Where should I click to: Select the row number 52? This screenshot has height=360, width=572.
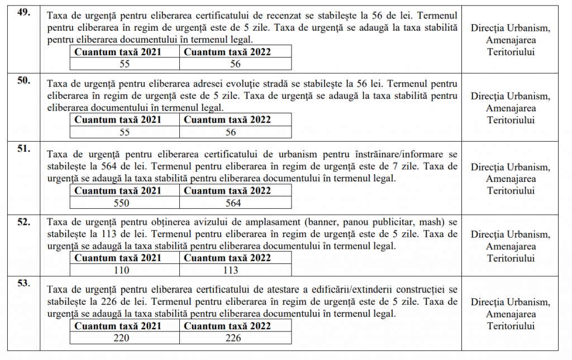[23, 222]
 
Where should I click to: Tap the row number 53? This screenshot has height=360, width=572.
[23, 284]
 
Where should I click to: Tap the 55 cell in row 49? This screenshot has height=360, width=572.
[125, 65]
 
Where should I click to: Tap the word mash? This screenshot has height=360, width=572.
[437, 222]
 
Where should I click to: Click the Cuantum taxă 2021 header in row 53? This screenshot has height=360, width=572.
[118, 326]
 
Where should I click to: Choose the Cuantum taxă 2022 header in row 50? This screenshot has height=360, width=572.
[227, 119]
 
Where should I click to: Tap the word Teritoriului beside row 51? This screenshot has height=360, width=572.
[511, 191]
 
